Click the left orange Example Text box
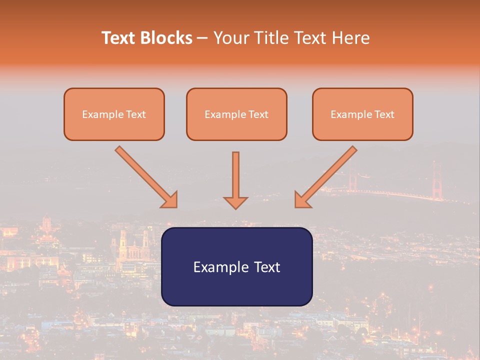(114, 114)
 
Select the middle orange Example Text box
(236, 114)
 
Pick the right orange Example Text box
(362, 114)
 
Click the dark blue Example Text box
(236, 266)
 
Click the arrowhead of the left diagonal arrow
(170, 200)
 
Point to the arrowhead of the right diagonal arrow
(302, 200)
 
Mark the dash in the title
(202, 38)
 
